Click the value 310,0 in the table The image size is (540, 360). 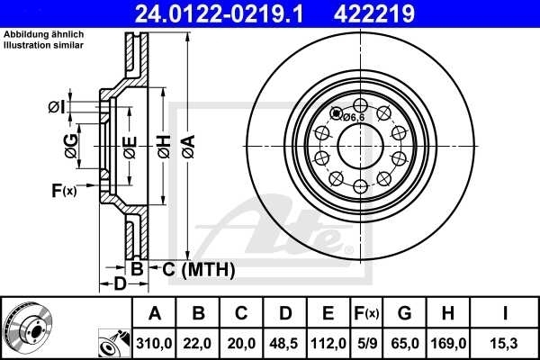pyautogui.click(x=154, y=343)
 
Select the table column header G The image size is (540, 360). pyautogui.click(x=405, y=313)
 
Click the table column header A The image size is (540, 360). pyautogui.click(x=154, y=313)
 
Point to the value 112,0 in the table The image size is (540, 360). pyautogui.click(x=328, y=343)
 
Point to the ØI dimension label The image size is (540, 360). pyautogui.click(x=56, y=107)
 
